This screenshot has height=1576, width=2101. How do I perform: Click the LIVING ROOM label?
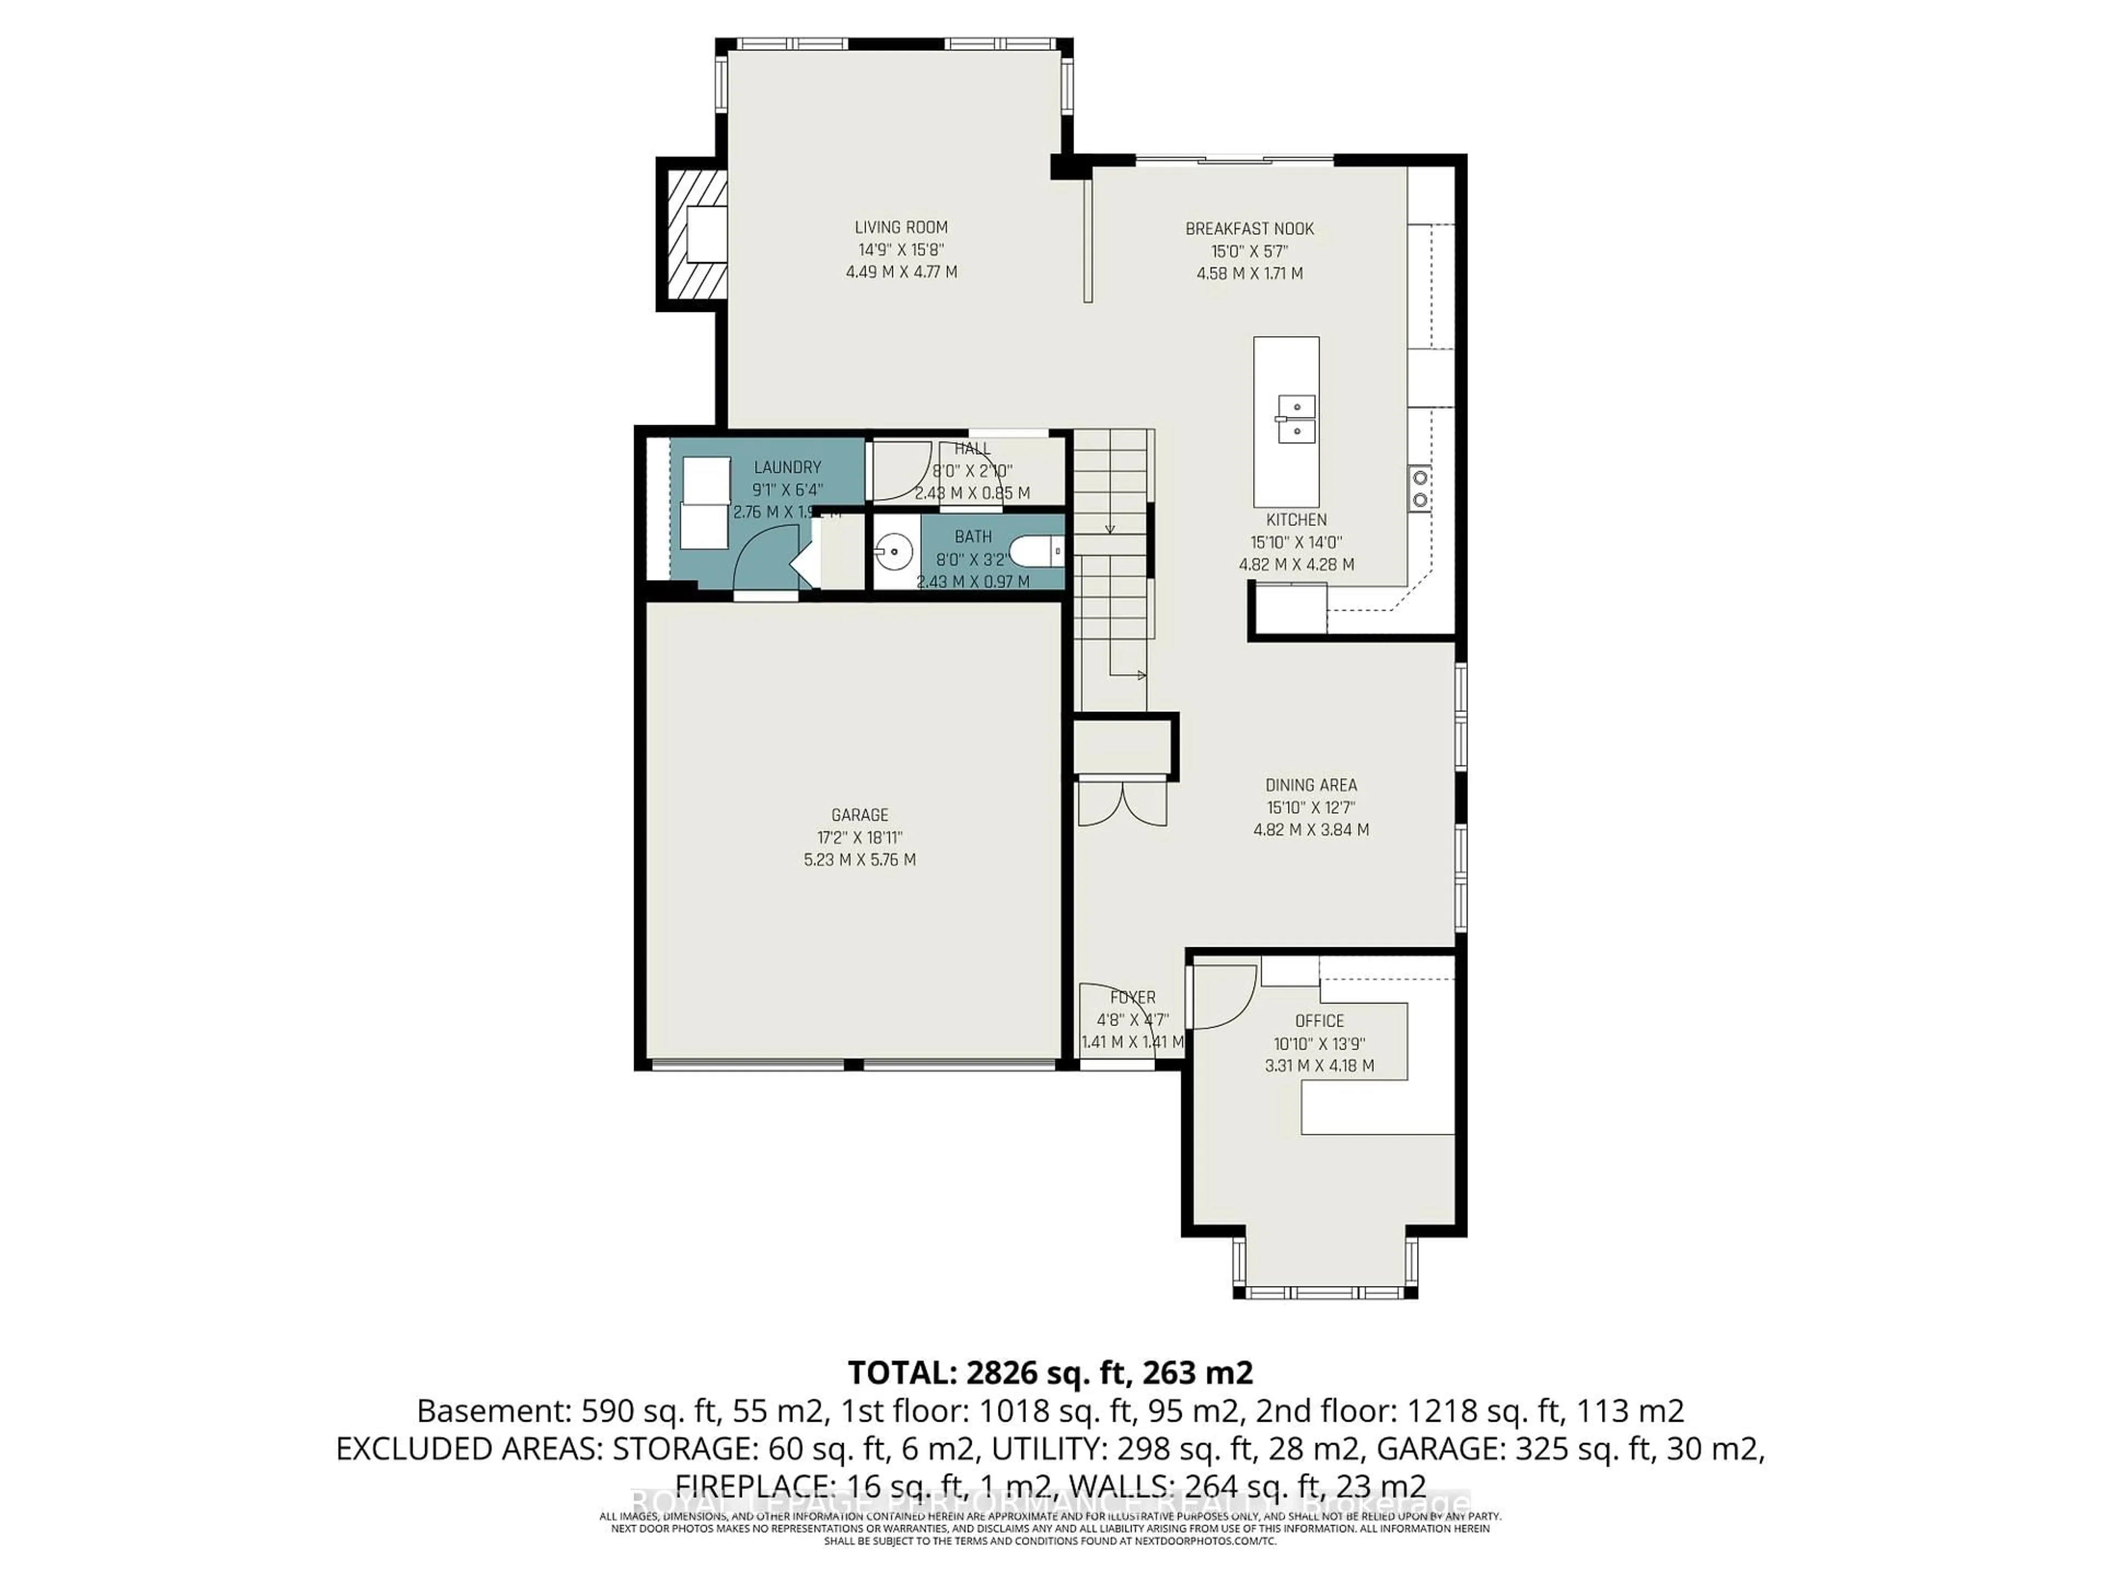[901, 227]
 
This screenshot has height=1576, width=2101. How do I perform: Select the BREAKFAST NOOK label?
[1249, 229]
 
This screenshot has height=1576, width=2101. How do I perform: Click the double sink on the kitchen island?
[1295, 420]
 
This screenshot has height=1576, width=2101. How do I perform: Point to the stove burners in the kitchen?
[1419, 488]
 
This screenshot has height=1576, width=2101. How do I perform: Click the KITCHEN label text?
[1296, 520]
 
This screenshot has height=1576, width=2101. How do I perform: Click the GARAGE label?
[860, 815]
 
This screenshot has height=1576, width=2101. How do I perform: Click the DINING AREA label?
[1311, 785]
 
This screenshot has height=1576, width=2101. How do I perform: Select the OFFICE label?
[1319, 1020]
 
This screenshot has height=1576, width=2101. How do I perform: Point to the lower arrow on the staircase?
[1130, 675]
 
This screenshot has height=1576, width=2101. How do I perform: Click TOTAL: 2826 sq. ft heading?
[1049, 1372]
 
